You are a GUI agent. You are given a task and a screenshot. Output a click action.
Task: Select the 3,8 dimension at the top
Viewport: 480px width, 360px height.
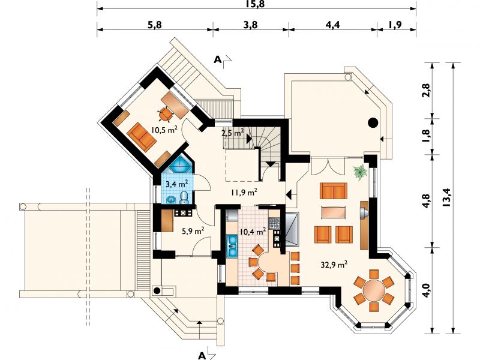click(x=250, y=25)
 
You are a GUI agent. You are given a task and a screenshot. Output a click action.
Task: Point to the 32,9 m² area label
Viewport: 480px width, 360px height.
click(x=334, y=264)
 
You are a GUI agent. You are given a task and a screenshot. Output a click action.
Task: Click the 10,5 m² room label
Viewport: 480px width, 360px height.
click(x=164, y=130)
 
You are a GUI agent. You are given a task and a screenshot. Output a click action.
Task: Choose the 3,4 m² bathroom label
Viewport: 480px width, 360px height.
click(x=176, y=184)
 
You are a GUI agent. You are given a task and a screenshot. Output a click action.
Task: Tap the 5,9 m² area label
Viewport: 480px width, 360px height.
click(x=193, y=231)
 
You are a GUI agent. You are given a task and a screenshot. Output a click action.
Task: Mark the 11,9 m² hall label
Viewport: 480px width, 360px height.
click(x=244, y=193)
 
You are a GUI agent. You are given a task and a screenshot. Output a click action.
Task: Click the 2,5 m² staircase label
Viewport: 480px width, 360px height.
click(x=233, y=133)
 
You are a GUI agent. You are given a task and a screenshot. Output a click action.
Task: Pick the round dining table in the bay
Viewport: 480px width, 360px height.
click(x=374, y=290)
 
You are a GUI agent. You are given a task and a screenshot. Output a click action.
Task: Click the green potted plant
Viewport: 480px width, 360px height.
click(x=361, y=172)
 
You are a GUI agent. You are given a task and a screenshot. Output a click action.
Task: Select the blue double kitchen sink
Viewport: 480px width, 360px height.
click(x=232, y=245)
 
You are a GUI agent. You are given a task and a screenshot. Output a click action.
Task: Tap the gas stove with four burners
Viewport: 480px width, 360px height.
click(x=275, y=223)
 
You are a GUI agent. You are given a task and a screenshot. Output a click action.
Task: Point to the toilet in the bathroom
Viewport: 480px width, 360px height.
click(x=184, y=198)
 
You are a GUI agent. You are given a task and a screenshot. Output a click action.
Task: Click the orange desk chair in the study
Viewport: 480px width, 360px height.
click(x=166, y=114)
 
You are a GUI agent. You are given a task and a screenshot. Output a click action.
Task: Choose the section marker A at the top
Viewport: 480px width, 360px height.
click(x=218, y=60)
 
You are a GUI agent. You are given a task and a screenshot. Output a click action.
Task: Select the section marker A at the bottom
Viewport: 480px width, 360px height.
click(x=202, y=355)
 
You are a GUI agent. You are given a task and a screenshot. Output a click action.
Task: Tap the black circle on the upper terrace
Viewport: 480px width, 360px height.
click(x=373, y=123)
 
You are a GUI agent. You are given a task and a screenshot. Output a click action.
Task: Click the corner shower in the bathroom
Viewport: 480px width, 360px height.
click(x=180, y=166)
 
